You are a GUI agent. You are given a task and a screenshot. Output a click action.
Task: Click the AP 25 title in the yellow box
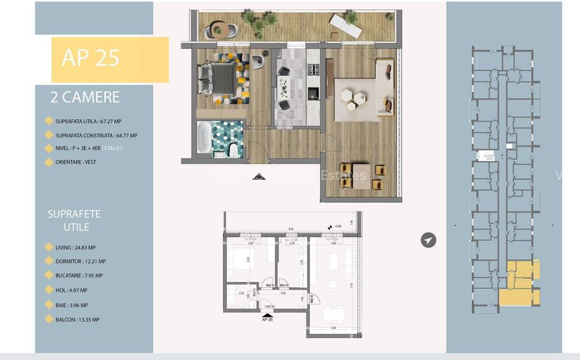click(90, 58)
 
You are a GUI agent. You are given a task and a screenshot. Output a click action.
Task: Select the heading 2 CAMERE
click(85, 98)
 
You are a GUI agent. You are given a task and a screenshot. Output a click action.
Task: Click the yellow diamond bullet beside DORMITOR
click(48, 261)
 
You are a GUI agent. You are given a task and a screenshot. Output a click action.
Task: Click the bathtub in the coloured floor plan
click(204, 137)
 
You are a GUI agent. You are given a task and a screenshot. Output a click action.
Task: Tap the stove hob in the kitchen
click(313, 69)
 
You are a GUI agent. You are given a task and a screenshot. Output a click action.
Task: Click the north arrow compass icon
click(428, 240)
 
